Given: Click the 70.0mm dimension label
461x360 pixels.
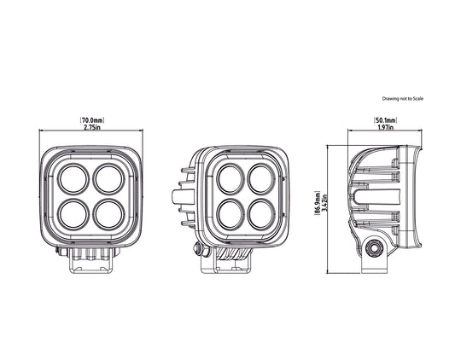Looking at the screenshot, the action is click(92, 120).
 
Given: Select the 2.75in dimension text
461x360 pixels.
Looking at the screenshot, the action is click(92, 127).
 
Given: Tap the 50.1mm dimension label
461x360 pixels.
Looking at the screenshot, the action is click(385, 120).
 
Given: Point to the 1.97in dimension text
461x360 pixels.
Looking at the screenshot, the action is click(385, 127).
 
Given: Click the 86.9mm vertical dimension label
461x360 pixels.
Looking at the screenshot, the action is click(318, 204).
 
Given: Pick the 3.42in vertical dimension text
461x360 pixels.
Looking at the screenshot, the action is click(324, 203).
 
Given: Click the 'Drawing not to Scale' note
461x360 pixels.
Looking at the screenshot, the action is click(402, 99).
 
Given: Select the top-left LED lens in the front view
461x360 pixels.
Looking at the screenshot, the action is click(73, 179).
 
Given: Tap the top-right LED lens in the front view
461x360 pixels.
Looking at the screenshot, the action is click(108, 179).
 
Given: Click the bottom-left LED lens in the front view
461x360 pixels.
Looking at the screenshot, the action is click(73, 215).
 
